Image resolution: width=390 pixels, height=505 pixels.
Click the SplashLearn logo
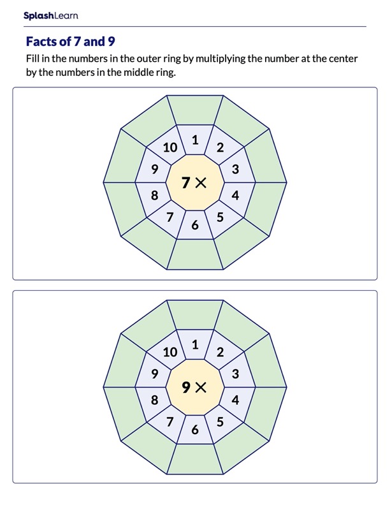point(50,15)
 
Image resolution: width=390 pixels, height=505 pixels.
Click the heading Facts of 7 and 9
point(70,41)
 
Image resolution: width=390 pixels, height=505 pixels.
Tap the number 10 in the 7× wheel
point(170,148)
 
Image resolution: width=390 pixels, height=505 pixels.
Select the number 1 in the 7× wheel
point(195,139)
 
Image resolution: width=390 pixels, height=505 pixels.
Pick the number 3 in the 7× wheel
point(235,169)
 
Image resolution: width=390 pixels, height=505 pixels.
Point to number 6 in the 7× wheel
point(195,224)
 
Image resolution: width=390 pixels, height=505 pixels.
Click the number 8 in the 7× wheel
point(154,196)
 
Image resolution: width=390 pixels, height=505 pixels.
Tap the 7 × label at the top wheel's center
point(194,183)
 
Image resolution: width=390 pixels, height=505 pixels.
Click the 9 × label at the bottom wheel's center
point(194,387)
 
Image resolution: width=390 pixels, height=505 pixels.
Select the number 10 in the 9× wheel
point(170,352)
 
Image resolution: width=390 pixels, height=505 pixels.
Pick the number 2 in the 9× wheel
point(220,352)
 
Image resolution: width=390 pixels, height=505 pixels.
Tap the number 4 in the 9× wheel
point(235,400)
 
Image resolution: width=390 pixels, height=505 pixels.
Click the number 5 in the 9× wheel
point(220,421)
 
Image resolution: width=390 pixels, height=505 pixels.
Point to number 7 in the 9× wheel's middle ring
point(170,421)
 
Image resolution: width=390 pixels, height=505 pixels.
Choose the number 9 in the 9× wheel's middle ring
point(154,374)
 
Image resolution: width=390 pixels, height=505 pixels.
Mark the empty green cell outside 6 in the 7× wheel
point(195,254)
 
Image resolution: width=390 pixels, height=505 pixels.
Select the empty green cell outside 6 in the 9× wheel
point(195,458)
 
